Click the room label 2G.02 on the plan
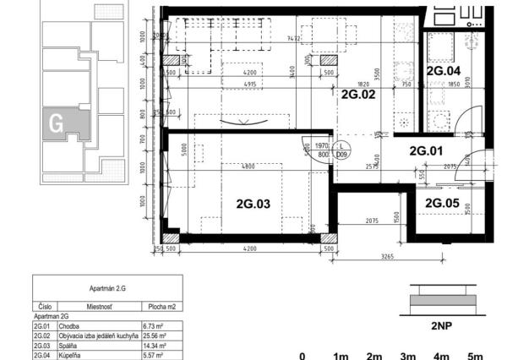(357, 95)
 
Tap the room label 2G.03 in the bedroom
(252, 204)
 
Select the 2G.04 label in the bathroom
(444, 72)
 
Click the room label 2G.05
(442, 204)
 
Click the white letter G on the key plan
(57, 123)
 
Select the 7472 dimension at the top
(293, 38)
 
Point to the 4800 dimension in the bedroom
(248, 166)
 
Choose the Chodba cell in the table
(67, 324)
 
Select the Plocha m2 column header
(158, 306)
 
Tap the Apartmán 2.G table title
(106, 288)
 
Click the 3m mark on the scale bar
(407, 356)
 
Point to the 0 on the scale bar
(303, 356)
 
